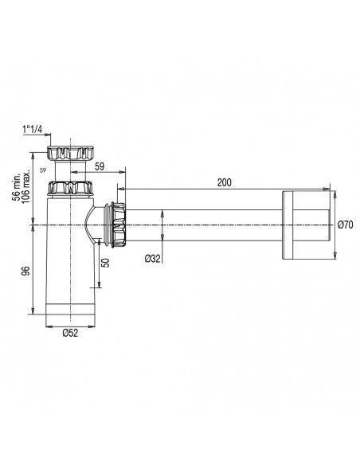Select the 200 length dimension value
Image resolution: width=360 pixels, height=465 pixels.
pyautogui.click(x=224, y=183)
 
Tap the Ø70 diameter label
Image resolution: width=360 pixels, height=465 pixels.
pyautogui.click(x=345, y=225)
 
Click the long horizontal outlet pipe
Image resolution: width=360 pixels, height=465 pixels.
pyautogui.click(x=199, y=226)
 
